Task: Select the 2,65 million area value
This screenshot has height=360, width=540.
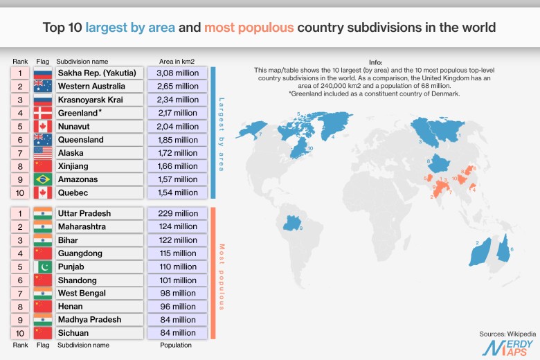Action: click(178, 86)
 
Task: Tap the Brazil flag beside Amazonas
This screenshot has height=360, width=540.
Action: click(43, 179)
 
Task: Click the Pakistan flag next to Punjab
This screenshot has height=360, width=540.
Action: click(43, 267)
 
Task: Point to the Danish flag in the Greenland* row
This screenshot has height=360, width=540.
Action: click(43, 113)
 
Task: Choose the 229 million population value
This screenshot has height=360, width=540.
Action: click(178, 213)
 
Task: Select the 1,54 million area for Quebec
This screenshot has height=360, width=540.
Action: click(178, 192)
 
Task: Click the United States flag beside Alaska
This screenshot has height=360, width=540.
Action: click(43, 152)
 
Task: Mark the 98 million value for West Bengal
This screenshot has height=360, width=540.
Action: click(178, 293)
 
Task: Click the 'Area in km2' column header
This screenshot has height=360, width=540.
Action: click(178, 61)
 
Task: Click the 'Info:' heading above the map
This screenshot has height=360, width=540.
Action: click(395, 62)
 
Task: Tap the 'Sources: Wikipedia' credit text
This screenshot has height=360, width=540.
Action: click(503, 334)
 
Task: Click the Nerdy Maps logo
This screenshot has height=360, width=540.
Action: click(507, 348)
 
